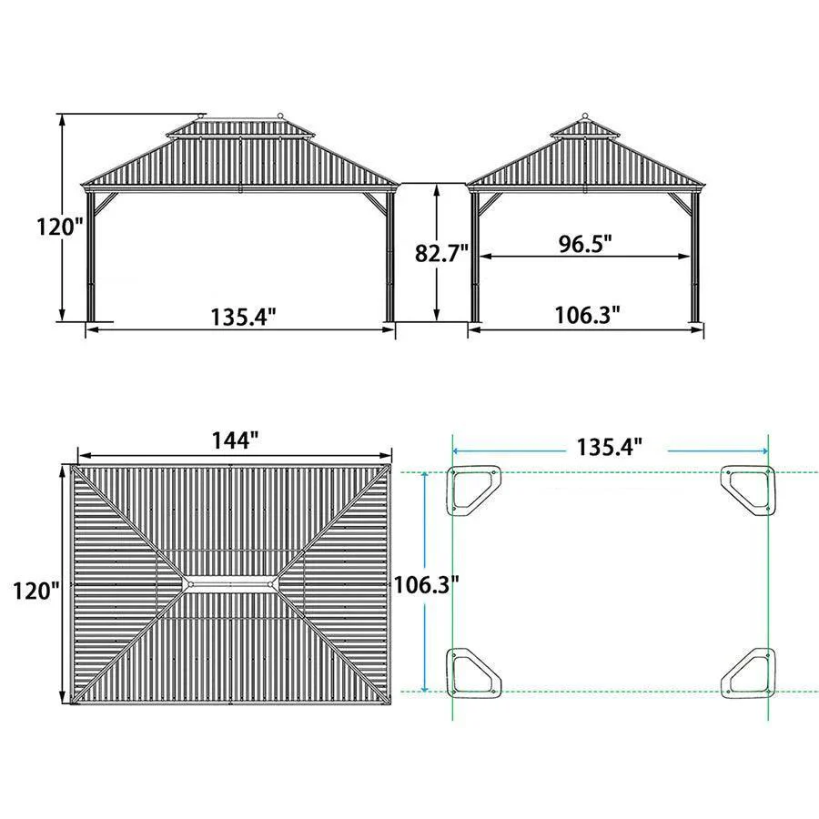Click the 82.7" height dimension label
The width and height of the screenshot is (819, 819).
tap(441, 253)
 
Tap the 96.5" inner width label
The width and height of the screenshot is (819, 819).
tap(585, 243)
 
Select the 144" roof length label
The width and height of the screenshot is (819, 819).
tap(235, 440)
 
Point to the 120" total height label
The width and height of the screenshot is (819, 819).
tap(60, 227)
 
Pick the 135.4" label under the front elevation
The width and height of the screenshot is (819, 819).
tap(243, 317)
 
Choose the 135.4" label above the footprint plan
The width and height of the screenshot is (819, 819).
tap(609, 447)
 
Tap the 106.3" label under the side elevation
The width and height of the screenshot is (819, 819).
tap(587, 315)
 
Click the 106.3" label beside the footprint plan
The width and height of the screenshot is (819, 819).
tap(426, 584)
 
